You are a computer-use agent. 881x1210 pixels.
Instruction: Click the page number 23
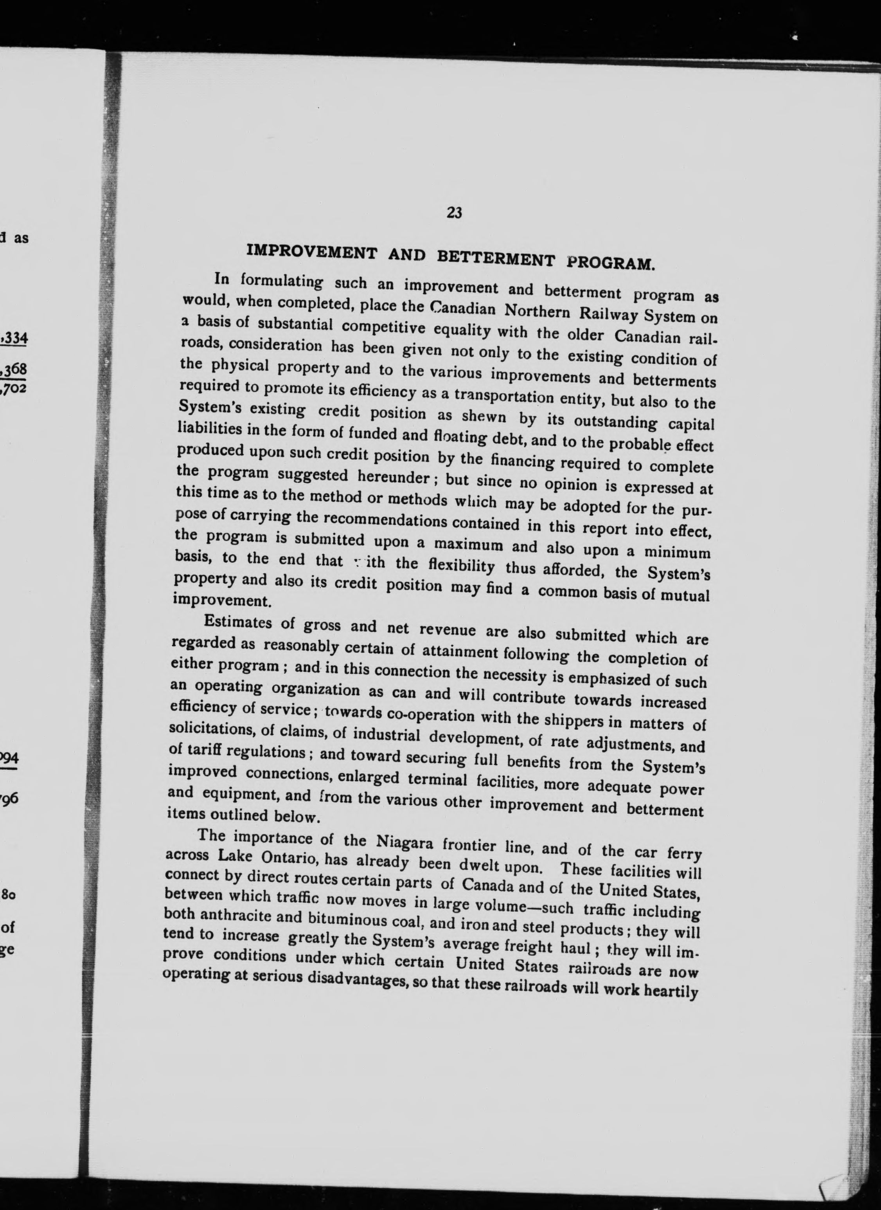pyautogui.click(x=454, y=213)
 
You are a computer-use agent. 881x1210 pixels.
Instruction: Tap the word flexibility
pyautogui.click(x=461, y=566)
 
